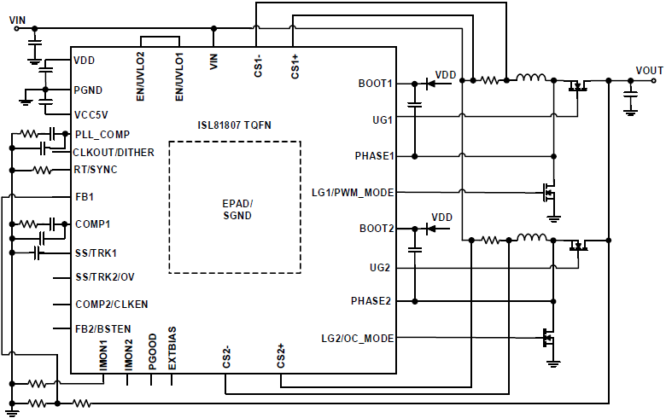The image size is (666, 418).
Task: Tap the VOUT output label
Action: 649,69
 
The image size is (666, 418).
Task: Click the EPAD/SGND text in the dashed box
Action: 237,209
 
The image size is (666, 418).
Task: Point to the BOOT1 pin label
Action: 376,84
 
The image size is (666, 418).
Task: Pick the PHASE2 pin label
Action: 372,301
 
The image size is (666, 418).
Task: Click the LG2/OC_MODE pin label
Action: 357,339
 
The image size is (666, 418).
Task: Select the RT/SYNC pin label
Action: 96,170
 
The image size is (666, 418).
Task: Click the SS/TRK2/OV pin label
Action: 104,277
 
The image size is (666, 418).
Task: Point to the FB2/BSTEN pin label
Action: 102,328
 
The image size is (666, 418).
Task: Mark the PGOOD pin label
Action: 150,346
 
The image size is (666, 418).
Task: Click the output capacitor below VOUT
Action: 630,97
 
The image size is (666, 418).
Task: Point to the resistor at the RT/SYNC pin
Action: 42,170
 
